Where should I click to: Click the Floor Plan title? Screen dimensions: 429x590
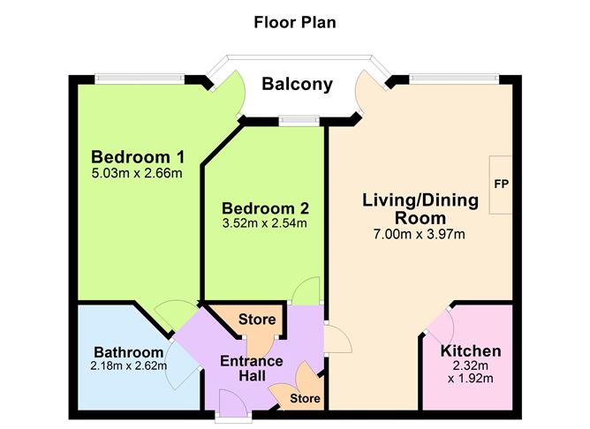[296, 20]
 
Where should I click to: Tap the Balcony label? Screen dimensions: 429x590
[297, 86]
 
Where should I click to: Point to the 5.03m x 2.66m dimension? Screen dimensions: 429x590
[137, 173]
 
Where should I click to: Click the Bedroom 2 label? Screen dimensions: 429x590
[264, 208]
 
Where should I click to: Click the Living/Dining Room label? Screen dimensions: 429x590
[420, 209]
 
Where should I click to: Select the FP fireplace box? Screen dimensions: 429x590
[500, 184]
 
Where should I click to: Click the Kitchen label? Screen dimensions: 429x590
[470, 351]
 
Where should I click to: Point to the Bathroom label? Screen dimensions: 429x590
[129, 351]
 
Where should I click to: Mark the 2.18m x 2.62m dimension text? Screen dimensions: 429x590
[129, 366]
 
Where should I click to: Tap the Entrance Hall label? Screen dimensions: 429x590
[251, 369]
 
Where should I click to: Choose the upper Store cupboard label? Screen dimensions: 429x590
[257, 320]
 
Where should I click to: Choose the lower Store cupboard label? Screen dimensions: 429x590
[306, 399]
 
